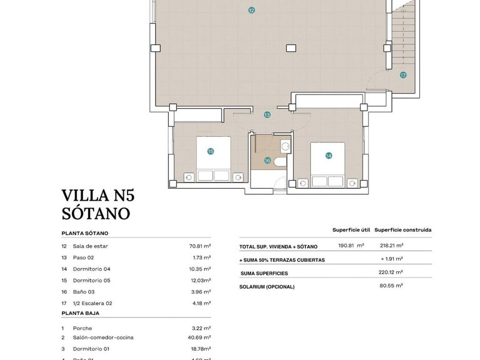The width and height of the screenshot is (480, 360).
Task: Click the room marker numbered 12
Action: (251, 10)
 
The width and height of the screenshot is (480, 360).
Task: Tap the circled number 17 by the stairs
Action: (403, 75)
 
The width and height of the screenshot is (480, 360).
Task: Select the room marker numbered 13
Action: (267, 115)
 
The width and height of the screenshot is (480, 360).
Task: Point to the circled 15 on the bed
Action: (211, 151)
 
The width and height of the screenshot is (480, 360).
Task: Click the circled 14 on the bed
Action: (328, 155)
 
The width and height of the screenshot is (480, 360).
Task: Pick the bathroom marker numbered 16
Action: (267, 160)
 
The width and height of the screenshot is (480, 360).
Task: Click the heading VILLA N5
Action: (98, 196)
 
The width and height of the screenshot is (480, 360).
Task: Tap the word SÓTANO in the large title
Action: (96, 213)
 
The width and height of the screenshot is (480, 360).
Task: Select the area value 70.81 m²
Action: (199, 246)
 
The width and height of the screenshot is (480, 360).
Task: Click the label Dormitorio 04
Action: (91, 269)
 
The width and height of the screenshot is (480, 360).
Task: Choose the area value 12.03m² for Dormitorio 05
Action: (199, 280)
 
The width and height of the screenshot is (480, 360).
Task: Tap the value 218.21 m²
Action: (391, 246)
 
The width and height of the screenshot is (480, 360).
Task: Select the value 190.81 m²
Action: (351, 246)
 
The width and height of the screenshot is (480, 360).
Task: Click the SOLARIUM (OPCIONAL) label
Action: (267, 287)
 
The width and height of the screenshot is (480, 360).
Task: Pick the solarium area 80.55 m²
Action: (391, 286)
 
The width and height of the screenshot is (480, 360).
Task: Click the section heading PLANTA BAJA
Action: (80, 313)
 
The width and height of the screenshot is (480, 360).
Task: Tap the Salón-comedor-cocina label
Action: (103, 337)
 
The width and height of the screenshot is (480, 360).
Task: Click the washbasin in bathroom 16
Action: (285, 147)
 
